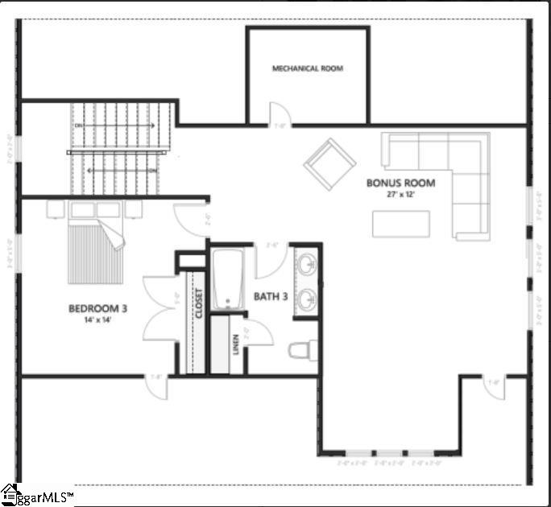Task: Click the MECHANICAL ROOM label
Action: [307, 68]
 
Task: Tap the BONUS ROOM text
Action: [400, 183]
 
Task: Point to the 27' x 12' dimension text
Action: [400, 195]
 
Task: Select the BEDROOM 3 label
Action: [97, 308]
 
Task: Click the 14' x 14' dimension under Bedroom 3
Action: [97, 320]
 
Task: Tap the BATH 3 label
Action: [271, 297]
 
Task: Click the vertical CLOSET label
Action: [197, 303]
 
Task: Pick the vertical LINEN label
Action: [234, 344]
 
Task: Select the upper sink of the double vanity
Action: [307, 263]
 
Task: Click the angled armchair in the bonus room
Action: [329, 163]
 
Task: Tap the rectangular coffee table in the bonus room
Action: [400, 223]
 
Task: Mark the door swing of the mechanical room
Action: [278, 114]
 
